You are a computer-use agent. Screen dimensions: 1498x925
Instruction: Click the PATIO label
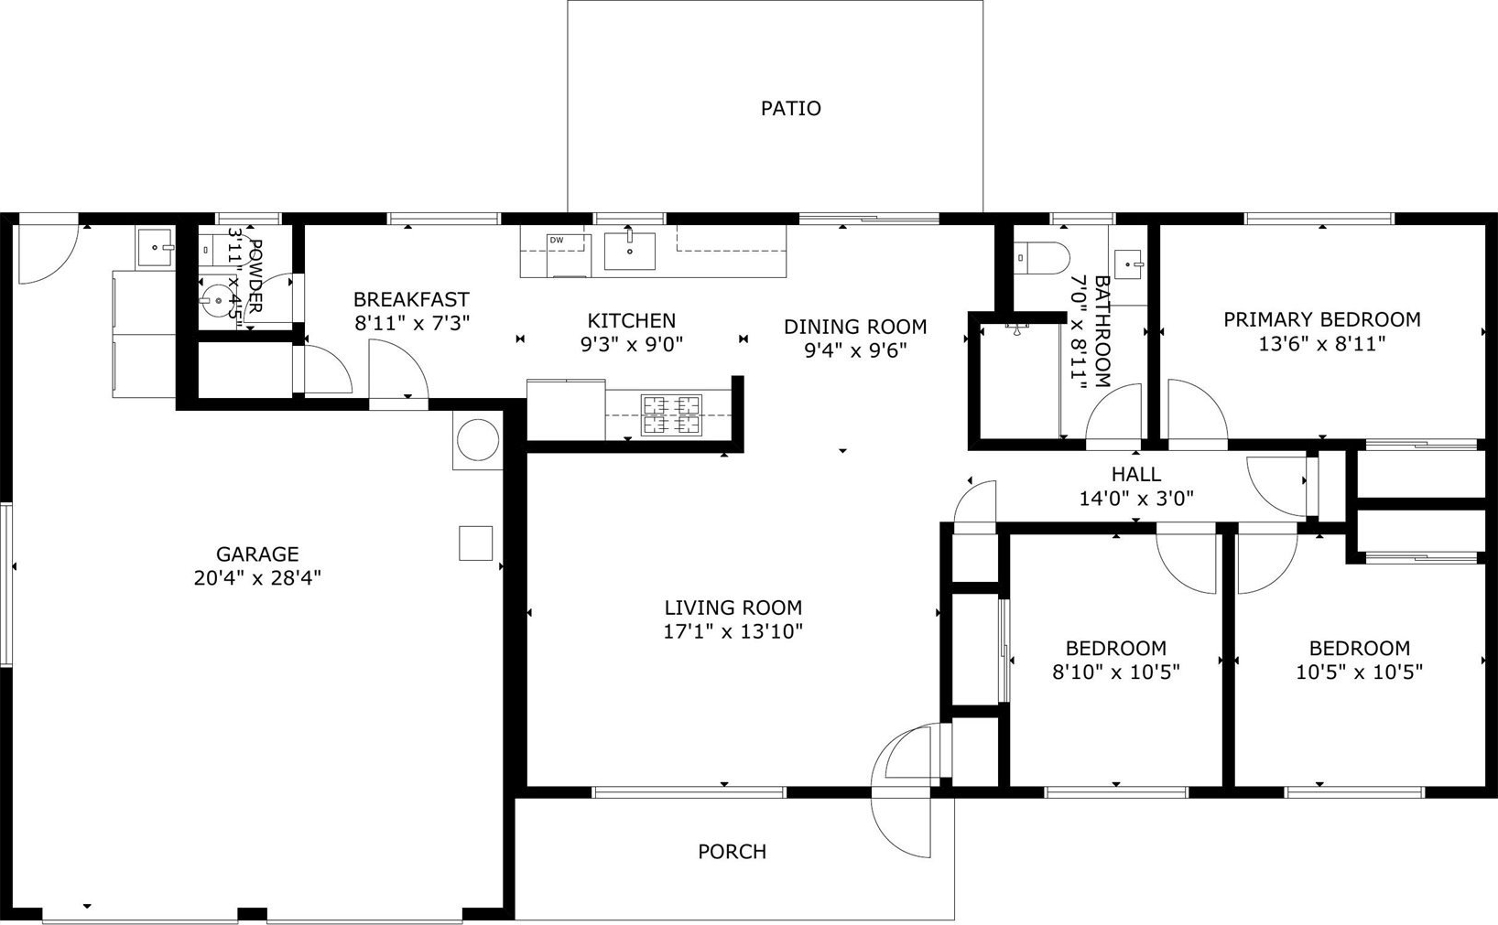pos(790,108)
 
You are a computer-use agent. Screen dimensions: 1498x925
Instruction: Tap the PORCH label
pos(733,852)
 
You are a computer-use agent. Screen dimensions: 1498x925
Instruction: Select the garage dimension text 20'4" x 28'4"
pos(257,577)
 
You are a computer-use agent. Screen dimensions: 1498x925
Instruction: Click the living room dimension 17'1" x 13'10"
pos(733,631)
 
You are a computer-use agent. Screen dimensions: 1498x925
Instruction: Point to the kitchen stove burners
pos(671,415)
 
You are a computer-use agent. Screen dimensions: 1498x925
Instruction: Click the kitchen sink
pos(629,251)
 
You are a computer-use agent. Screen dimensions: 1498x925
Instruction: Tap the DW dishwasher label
pos(557,240)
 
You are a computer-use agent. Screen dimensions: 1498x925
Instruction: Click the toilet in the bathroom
pos(1042,259)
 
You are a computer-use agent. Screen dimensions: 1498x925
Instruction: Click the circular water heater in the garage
pos(477,440)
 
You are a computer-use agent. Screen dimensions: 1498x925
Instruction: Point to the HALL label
pos(1136,475)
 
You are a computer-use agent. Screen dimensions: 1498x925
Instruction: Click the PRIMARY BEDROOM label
pos(1322,319)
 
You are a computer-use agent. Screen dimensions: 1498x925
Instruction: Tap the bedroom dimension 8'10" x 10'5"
pos(1116,671)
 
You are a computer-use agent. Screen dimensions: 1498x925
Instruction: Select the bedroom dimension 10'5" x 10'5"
pos(1360,671)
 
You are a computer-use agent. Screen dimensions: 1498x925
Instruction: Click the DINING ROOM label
pos(855,327)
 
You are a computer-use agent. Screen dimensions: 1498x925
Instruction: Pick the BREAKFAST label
pos(411,299)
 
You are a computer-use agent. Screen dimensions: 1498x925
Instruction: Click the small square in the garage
pos(475,543)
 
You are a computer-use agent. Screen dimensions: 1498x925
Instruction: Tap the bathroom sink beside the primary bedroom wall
pos(1129,264)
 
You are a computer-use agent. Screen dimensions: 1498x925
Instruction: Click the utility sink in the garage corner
pos(155,247)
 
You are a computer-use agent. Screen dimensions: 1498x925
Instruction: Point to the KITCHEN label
pos(631,321)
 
